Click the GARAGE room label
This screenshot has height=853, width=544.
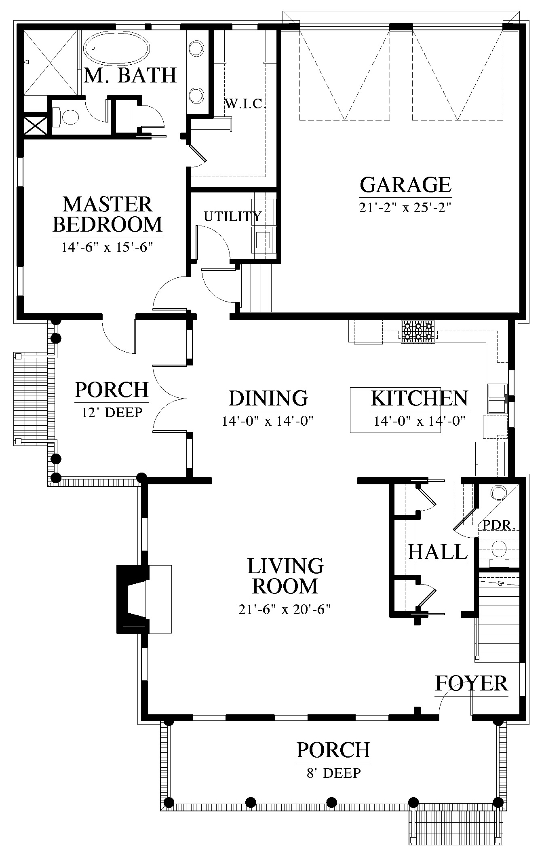(x=405, y=185)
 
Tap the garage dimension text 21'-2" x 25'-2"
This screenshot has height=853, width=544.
(x=405, y=207)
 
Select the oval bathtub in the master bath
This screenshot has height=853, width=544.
(x=116, y=48)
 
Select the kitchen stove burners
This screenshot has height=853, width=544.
(x=418, y=332)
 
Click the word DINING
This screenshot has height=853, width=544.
(x=268, y=398)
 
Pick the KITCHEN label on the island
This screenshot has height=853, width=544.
(x=420, y=398)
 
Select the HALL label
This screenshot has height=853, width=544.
(x=437, y=552)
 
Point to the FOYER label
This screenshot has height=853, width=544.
(x=471, y=683)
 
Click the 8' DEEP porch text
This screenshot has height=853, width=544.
(x=333, y=773)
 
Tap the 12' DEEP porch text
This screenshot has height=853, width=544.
(x=112, y=412)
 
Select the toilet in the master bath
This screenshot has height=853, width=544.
(x=65, y=117)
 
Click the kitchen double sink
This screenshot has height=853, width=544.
(x=497, y=399)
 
